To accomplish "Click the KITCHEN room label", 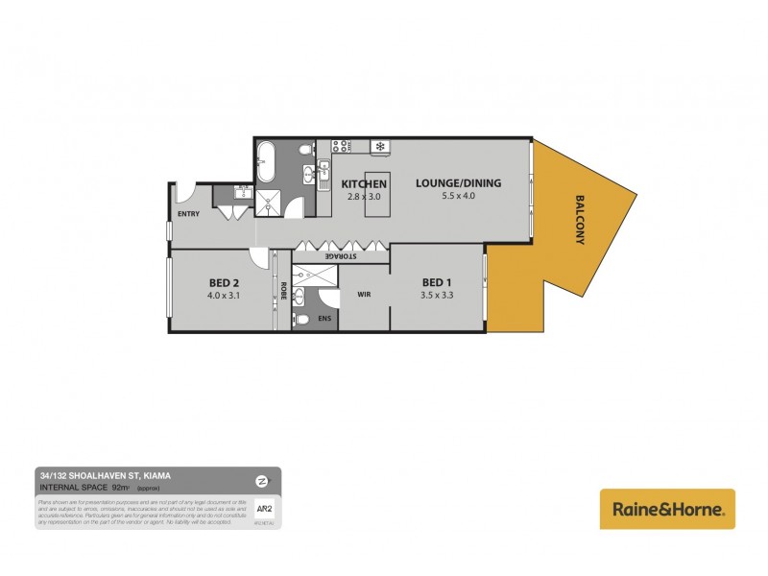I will (x=364, y=183).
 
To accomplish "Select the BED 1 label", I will (x=436, y=281).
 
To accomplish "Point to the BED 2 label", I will (x=223, y=282).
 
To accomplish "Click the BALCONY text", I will (x=580, y=221).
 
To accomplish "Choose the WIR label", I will (x=364, y=294).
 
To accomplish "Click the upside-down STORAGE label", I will (x=341, y=256).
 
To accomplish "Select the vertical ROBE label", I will (x=283, y=289).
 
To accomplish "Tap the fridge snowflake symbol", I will (x=380, y=147).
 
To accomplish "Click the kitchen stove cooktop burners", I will (x=340, y=147).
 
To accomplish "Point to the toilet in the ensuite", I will (x=302, y=318).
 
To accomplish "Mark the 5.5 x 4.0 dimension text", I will (x=458, y=196).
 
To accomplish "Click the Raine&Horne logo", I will (x=667, y=509).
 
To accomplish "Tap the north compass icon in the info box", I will (x=261, y=480).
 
